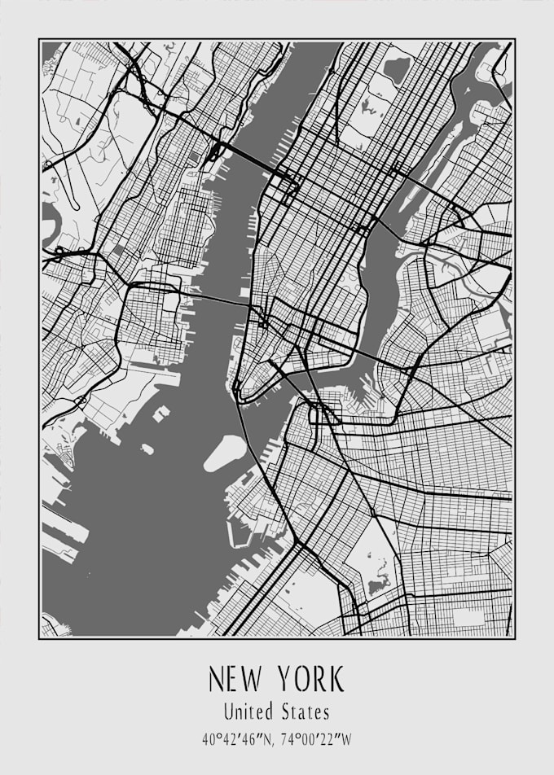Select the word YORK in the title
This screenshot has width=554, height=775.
pos(310,679)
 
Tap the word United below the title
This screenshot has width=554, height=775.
pos(248,712)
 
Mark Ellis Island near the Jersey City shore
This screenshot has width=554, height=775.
pos(160,414)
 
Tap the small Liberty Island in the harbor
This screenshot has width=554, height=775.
pos(147,449)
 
